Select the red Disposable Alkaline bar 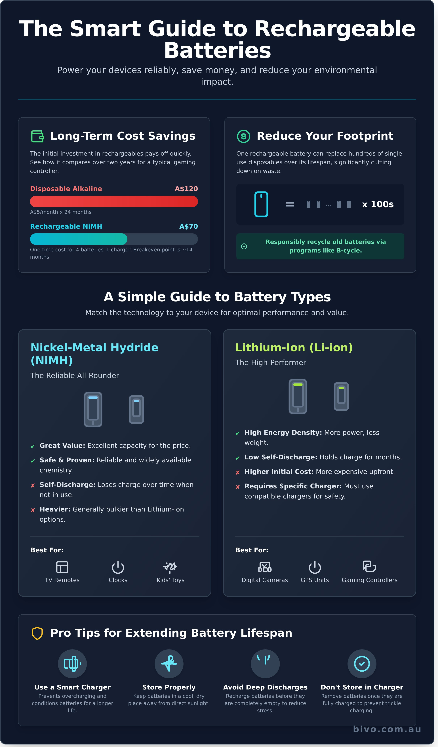114,201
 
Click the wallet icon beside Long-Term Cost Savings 37,136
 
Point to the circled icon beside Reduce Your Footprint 243,136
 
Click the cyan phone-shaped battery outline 261,204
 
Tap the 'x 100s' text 378,204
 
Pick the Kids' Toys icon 170,567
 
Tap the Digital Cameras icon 265,567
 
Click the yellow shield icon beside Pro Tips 37,633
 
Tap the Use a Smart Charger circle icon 72,664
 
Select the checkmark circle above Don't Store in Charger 362,664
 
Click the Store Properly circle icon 169,664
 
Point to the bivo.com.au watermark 387,729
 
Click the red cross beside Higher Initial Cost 237,472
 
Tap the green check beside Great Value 33,446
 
